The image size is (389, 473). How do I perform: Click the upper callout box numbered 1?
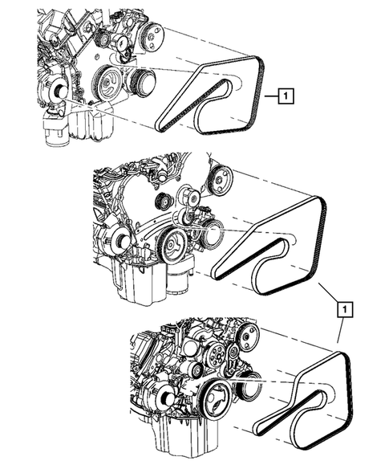(286, 98)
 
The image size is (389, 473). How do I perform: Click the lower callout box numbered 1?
(343, 308)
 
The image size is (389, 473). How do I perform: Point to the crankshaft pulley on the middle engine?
(170, 244)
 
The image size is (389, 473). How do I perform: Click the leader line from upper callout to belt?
(269, 98)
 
